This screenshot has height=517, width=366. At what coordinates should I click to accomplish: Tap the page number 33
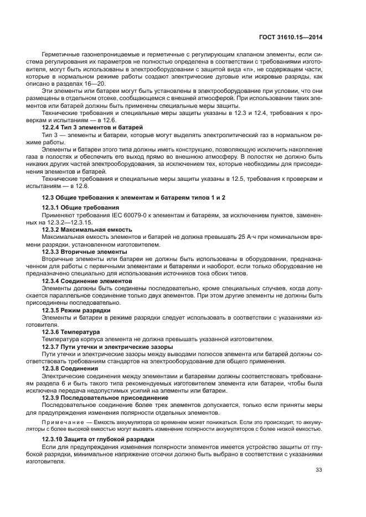point(319,470)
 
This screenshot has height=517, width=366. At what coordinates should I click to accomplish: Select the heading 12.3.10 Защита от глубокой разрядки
point(91,438)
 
